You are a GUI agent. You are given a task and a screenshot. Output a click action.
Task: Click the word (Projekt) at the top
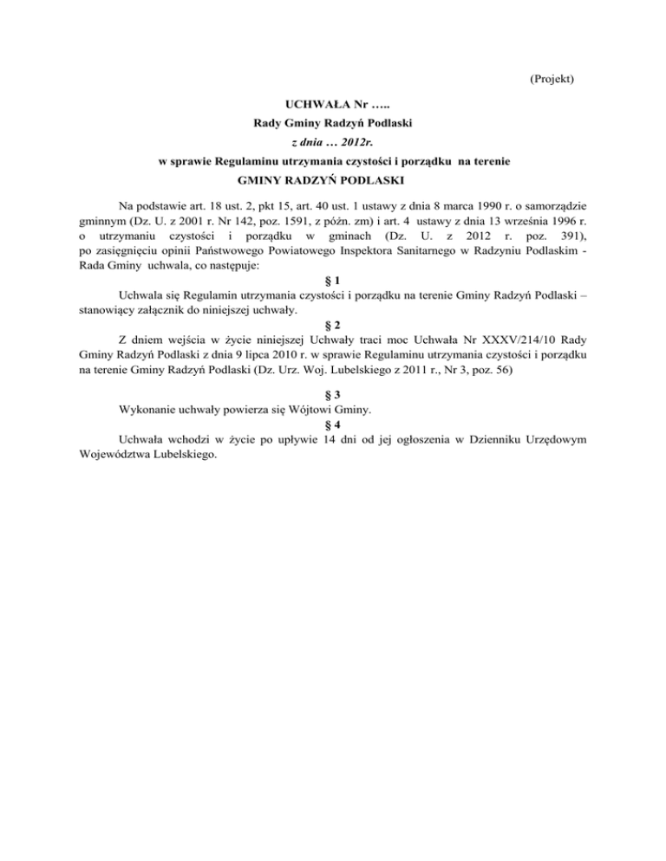(552, 79)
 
